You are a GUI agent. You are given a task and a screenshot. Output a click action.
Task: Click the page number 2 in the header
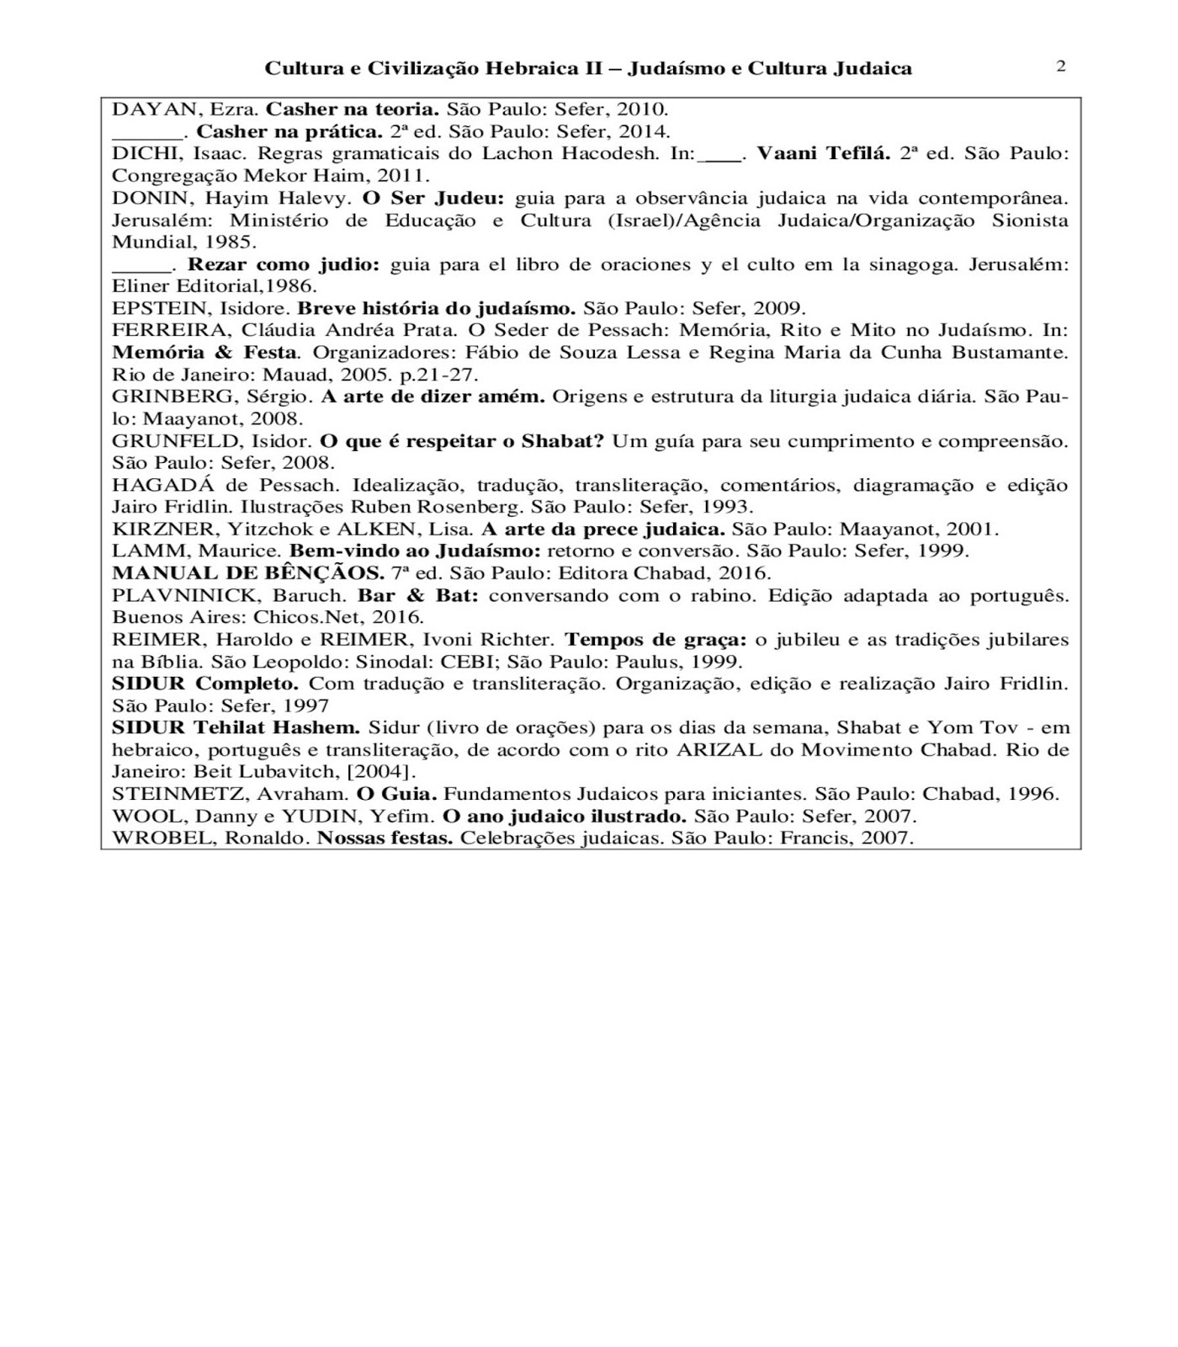coord(1060,67)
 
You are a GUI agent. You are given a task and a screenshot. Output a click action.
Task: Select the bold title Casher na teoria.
coord(353,109)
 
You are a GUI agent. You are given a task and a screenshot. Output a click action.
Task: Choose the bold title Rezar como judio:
coord(284,264)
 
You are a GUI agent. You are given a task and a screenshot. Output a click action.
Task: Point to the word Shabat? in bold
coord(562,441)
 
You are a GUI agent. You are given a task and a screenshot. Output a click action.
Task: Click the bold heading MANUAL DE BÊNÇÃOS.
coord(248,573)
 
